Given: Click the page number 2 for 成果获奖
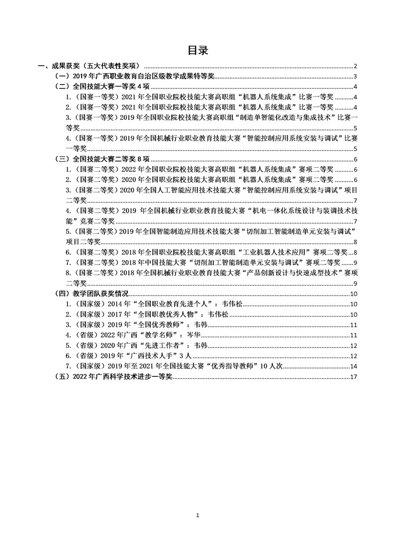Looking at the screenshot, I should point(356,66).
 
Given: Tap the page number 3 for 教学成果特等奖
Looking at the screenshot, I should point(356,76).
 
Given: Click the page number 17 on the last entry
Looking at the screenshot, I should point(354,377).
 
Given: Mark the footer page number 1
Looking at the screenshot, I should point(197,515).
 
